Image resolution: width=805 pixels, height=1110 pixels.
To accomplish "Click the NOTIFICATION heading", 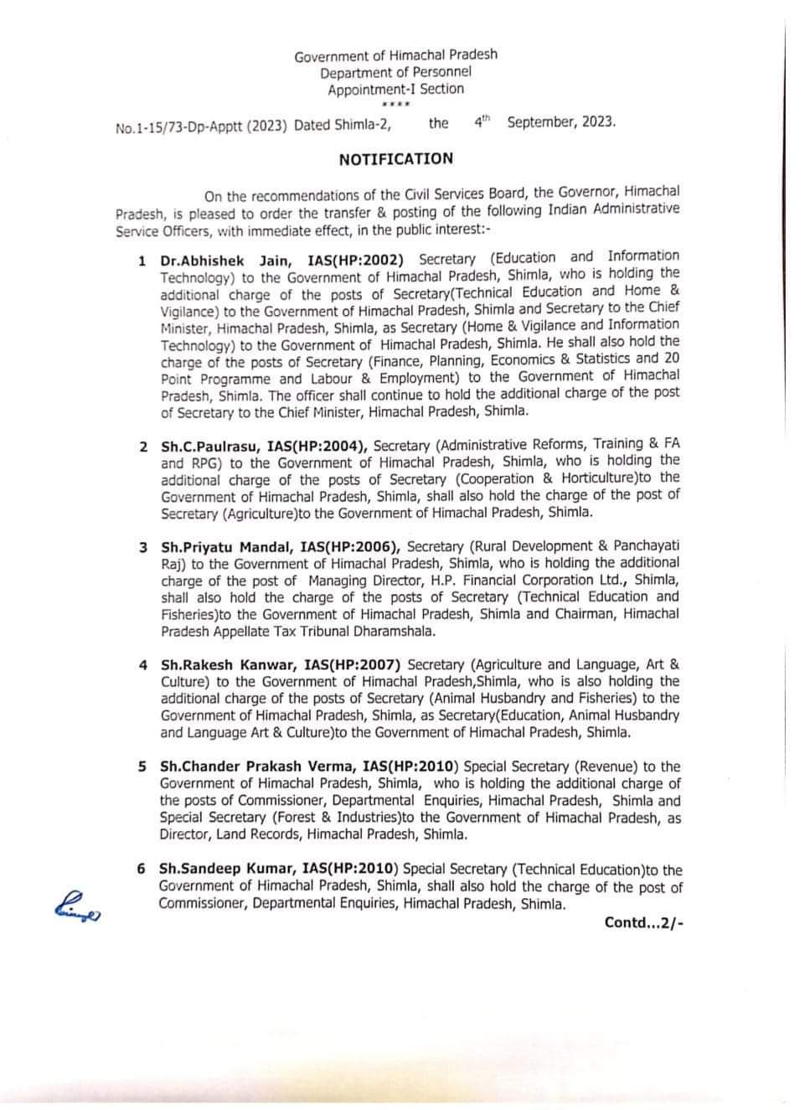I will point(395,159).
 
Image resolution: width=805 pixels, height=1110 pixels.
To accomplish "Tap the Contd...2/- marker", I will point(643,922).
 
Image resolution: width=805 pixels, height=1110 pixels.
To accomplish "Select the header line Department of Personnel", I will point(395,72).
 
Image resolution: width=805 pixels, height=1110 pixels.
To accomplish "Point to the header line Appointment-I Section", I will point(395,89).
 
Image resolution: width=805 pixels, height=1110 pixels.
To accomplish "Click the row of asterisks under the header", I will point(395,104).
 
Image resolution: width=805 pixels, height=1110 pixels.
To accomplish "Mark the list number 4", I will point(143,665).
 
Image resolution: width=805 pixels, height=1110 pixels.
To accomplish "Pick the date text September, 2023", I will point(560,121).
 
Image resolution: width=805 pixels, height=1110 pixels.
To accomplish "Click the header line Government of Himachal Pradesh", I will point(395,55).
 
